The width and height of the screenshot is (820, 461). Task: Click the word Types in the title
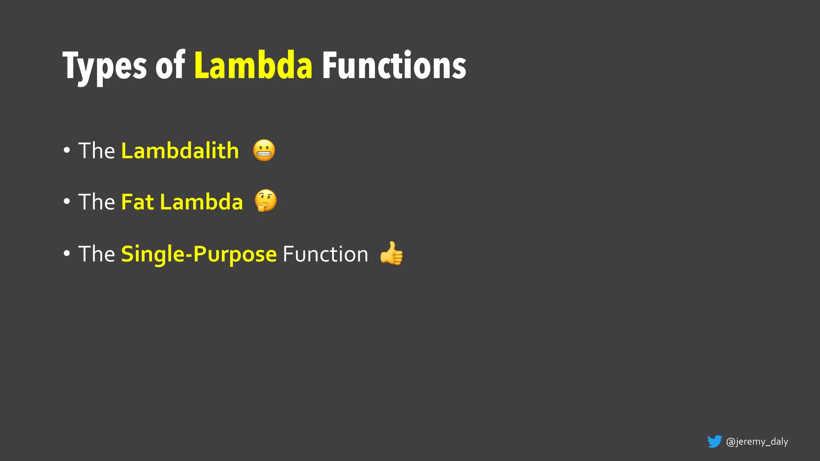coord(105,66)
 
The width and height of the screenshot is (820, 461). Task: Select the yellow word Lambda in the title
coord(253,65)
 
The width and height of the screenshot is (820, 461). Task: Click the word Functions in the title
coord(394,65)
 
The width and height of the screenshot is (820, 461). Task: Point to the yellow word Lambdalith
coord(180,151)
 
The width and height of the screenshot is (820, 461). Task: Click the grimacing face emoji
coord(264,150)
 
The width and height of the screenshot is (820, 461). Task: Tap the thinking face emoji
coord(266,200)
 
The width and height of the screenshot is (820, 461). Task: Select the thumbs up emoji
coord(392,253)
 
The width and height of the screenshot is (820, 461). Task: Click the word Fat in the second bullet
coord(138,202)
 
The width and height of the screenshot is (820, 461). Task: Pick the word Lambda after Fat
coord(201,202)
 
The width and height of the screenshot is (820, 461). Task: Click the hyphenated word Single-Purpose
coord(199,255)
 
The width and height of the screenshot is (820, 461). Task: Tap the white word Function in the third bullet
coord(325,254)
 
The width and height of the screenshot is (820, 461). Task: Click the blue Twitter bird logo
coord(714,441)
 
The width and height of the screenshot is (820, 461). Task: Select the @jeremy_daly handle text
coord(757,441)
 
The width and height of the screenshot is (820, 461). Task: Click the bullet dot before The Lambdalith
coord(67,151)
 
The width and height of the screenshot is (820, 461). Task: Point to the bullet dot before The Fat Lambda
coord(67,202)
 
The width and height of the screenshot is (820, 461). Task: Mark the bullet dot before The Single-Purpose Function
coord(67,253)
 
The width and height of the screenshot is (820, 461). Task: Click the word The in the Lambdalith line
coord(96,151)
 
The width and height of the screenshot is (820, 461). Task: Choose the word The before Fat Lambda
coord(96,202)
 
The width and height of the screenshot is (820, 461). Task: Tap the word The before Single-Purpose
coord(96,254)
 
